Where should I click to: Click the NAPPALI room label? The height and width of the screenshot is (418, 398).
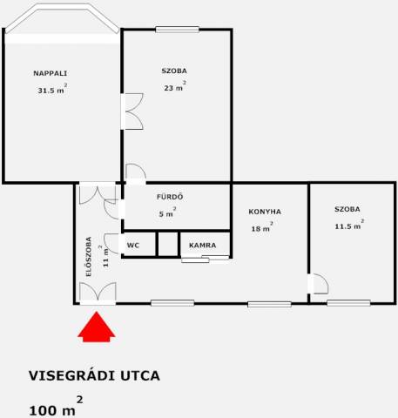coord(51,73)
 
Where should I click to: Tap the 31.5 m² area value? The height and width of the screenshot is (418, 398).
coord(52,89)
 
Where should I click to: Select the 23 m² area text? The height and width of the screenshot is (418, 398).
coord(175,86)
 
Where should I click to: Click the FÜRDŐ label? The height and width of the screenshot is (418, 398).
coord(170,197)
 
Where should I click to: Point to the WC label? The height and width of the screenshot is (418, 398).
coord(133,246)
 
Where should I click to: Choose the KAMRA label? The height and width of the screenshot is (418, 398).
coord(203,246)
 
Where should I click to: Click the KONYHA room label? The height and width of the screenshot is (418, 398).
coord(265,212)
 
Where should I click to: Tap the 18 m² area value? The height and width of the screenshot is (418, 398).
coord(262,227)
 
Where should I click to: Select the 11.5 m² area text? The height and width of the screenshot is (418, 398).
coord(349,225)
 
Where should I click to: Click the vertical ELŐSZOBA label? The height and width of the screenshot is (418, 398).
coord(89,257)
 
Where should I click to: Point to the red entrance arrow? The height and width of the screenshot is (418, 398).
coord(97,327)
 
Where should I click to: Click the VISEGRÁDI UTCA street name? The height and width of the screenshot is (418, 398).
coord(94,375)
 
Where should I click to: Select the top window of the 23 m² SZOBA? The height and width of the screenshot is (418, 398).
coord(177,30)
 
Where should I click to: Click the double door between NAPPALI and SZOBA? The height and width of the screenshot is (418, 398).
coord(132,111)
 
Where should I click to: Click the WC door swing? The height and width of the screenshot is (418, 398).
coord(111,244)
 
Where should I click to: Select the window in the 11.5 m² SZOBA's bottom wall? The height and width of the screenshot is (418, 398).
coord(348,303)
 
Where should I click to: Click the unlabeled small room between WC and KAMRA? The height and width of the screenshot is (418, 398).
coord(168,244)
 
